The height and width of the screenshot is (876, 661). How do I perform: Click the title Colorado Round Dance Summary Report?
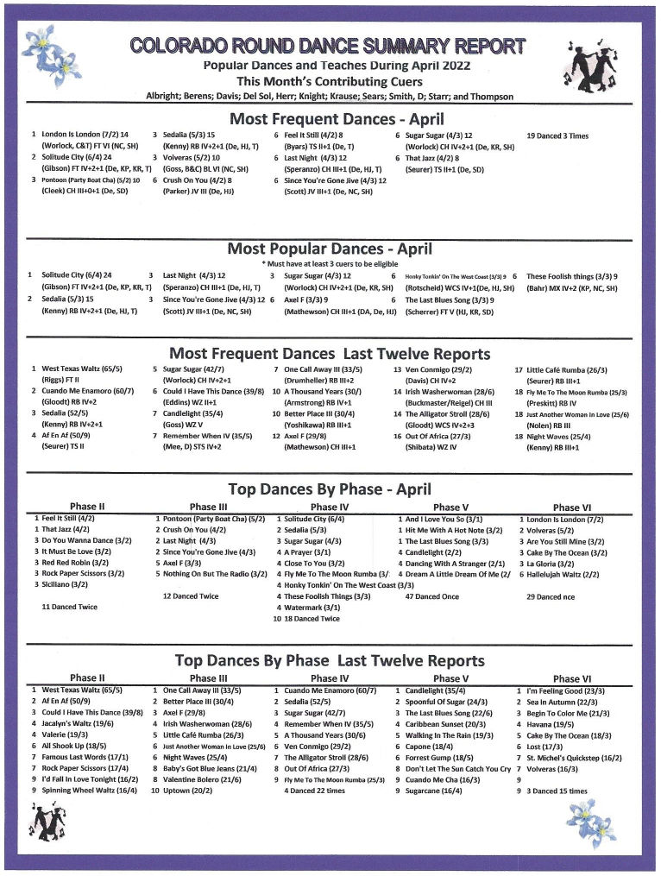click(x=327, y=46)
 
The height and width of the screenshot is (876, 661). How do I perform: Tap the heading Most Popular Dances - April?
click(x=330, y=249)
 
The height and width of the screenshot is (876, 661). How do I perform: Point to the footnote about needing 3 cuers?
click(x=330, y=262)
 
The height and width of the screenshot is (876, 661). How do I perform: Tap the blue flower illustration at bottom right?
click(x=592, y=822)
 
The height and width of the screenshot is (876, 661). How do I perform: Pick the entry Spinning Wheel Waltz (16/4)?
click(x=89, y=790)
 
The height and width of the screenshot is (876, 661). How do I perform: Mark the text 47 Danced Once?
click(x=432, y=596)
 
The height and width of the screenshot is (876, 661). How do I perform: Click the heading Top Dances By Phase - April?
click(x=330, y=489)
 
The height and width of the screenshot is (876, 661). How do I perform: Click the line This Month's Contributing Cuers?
click(x=330, y=80)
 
